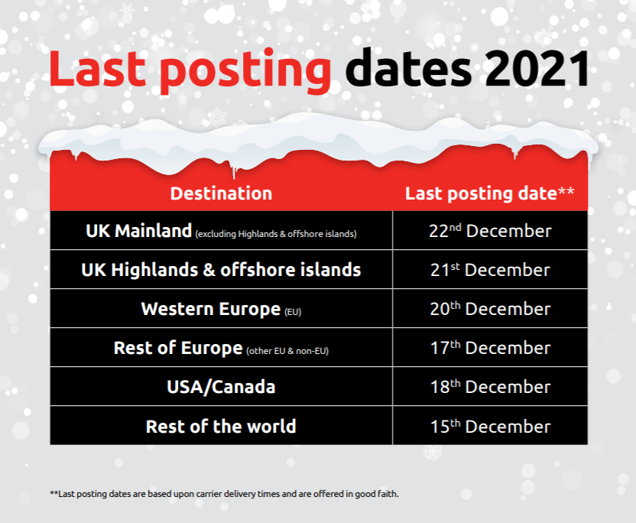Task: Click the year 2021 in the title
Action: click(x=537, y=68)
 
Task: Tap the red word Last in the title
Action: click(x=97, y=68)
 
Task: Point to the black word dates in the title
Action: click(x=408, y=67)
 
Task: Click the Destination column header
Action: click(x=221, y=193)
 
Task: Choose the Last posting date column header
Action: click(x=489, y=194)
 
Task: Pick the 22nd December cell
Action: click(x=490, y=231)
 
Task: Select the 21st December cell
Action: click(x=490, y=270)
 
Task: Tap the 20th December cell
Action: click(x=490, y=309)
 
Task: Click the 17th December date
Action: click(x=490, y=348)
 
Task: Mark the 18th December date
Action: click(x=490, y=387)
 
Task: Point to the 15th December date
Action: click(x=490, y=426)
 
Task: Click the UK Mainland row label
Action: click(x=138, y=231)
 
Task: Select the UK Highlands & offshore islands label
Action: click(x=221, y=270)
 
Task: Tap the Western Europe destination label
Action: click(x=211, y=309)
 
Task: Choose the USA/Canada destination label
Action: click(x=221, y=387)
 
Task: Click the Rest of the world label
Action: click(x=221, y=426)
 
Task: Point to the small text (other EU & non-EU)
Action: click(x=287, y=351)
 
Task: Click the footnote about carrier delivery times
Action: click(x=224, y=494)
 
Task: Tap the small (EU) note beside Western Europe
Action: click(x=293, y=312)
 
